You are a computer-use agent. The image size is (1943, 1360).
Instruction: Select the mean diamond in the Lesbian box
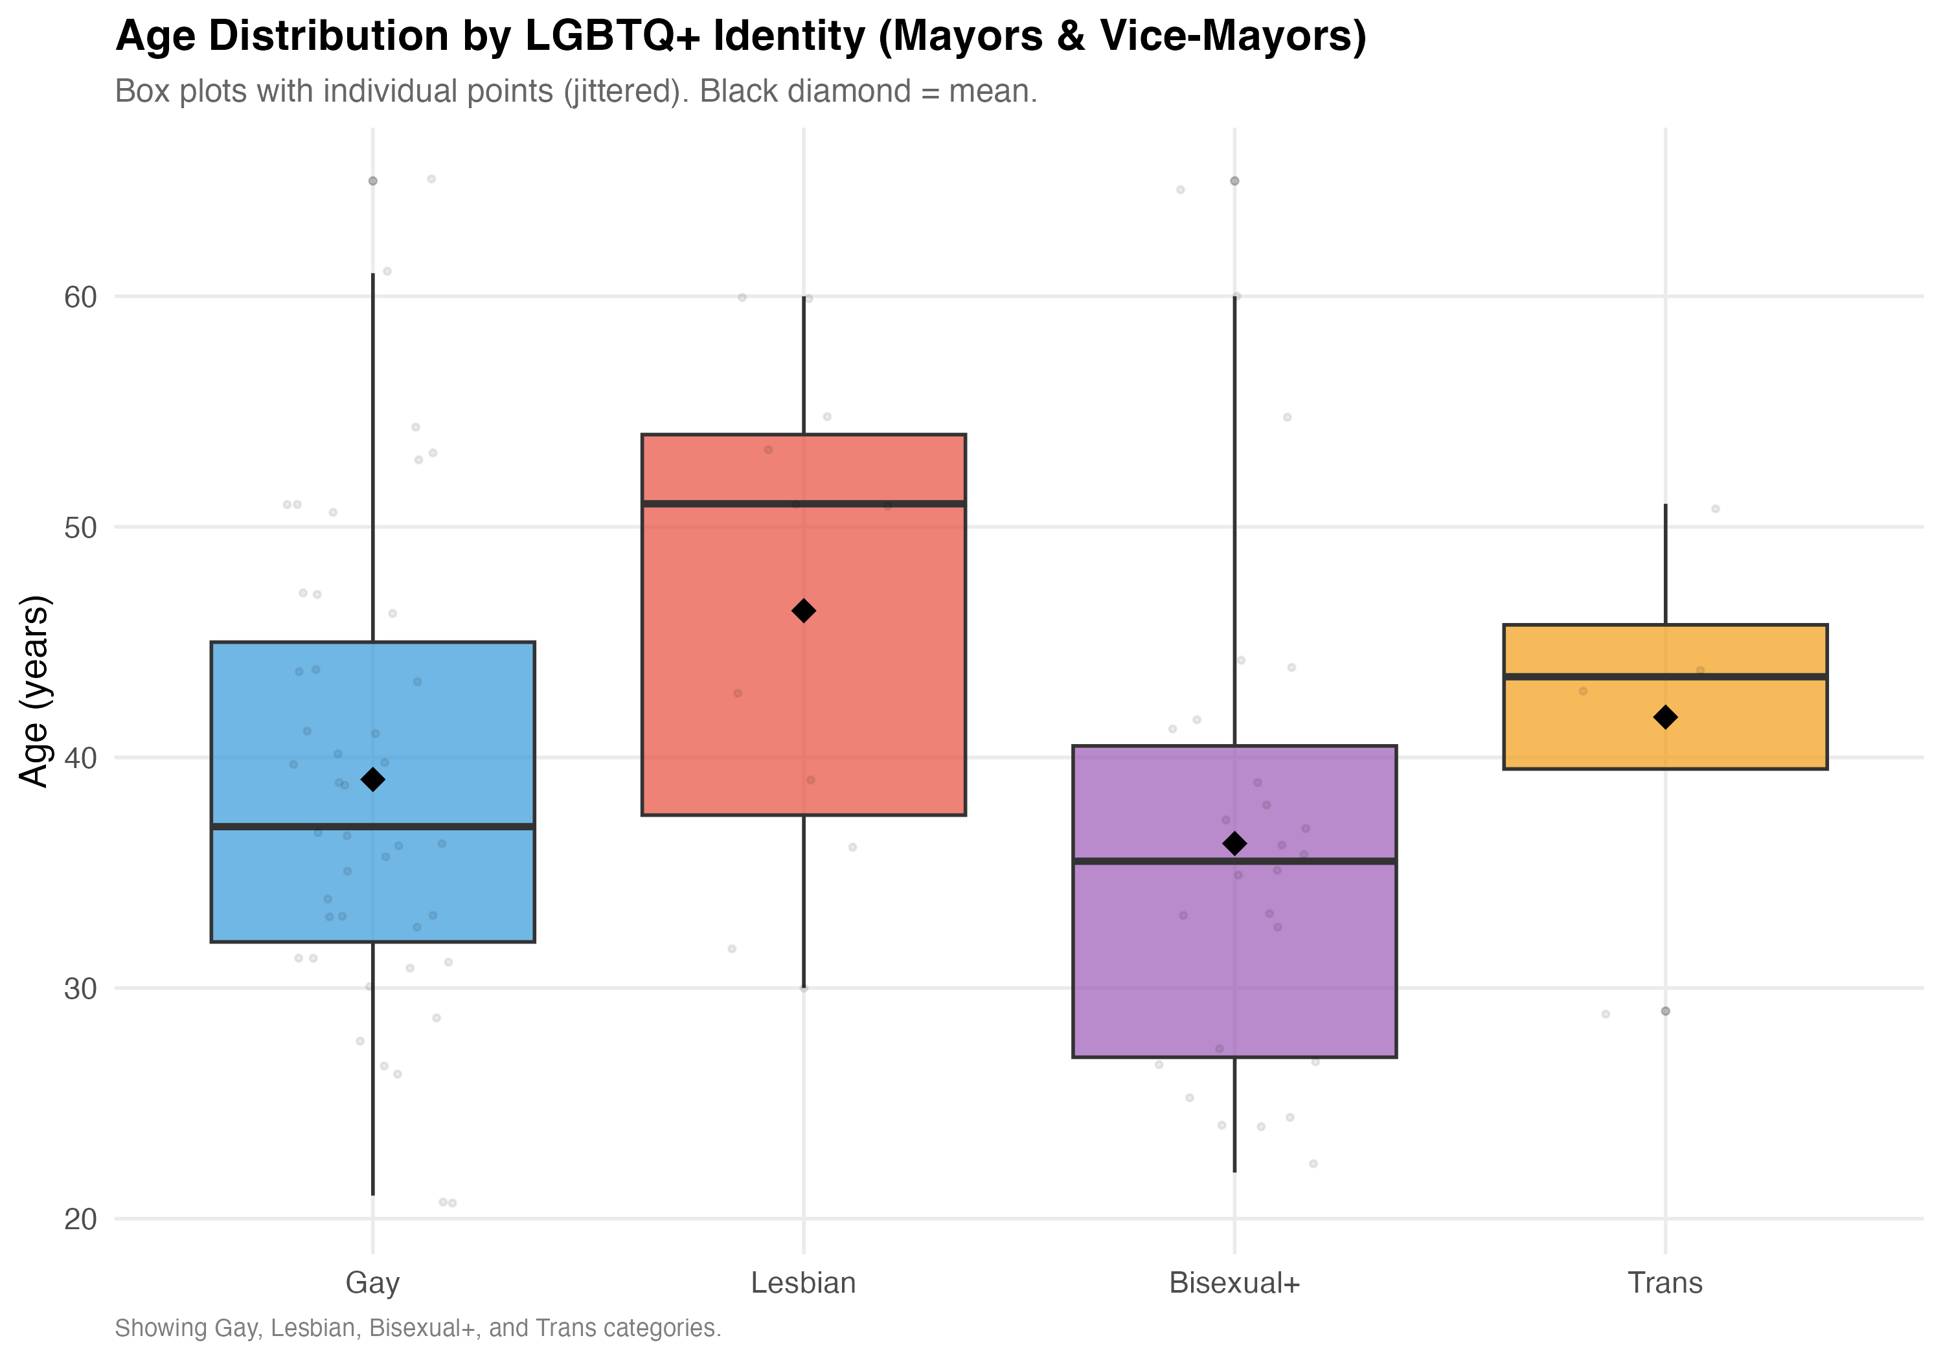(803, 611)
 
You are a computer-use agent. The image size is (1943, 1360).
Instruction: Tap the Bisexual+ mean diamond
(1234, 843)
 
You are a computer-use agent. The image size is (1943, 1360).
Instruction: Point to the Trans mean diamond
(1665, 718)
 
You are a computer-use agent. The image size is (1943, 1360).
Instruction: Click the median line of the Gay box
(457, 826)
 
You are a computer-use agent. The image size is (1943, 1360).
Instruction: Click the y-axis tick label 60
(80, 297)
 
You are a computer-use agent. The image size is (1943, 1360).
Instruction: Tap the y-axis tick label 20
(80, 1219)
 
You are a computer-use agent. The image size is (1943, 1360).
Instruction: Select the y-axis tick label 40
(80, 758)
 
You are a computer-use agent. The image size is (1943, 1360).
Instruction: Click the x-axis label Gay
(372, 1283)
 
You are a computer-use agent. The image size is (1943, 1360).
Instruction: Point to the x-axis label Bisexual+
(1234, 1283)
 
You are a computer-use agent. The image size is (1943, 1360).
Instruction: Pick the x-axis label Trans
(1665, 1283)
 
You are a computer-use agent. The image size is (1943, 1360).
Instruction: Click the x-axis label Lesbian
(803, 1283)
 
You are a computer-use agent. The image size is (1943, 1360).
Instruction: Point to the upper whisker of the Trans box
(1665, 563)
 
